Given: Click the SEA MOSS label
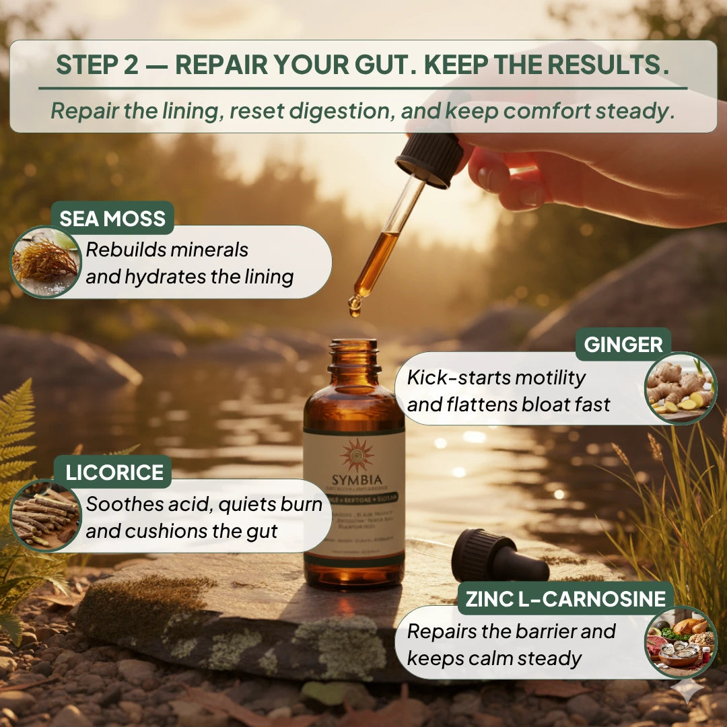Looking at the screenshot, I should point(112,219).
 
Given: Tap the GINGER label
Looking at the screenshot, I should point(623,345).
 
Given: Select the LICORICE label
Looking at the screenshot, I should point(113,472).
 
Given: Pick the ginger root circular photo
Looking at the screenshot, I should point(680,388).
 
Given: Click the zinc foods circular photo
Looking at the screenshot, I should point(680,642).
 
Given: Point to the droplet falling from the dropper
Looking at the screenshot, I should point(355,306).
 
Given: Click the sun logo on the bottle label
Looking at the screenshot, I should point(357,456).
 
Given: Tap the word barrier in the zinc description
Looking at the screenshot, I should point(526,631).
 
